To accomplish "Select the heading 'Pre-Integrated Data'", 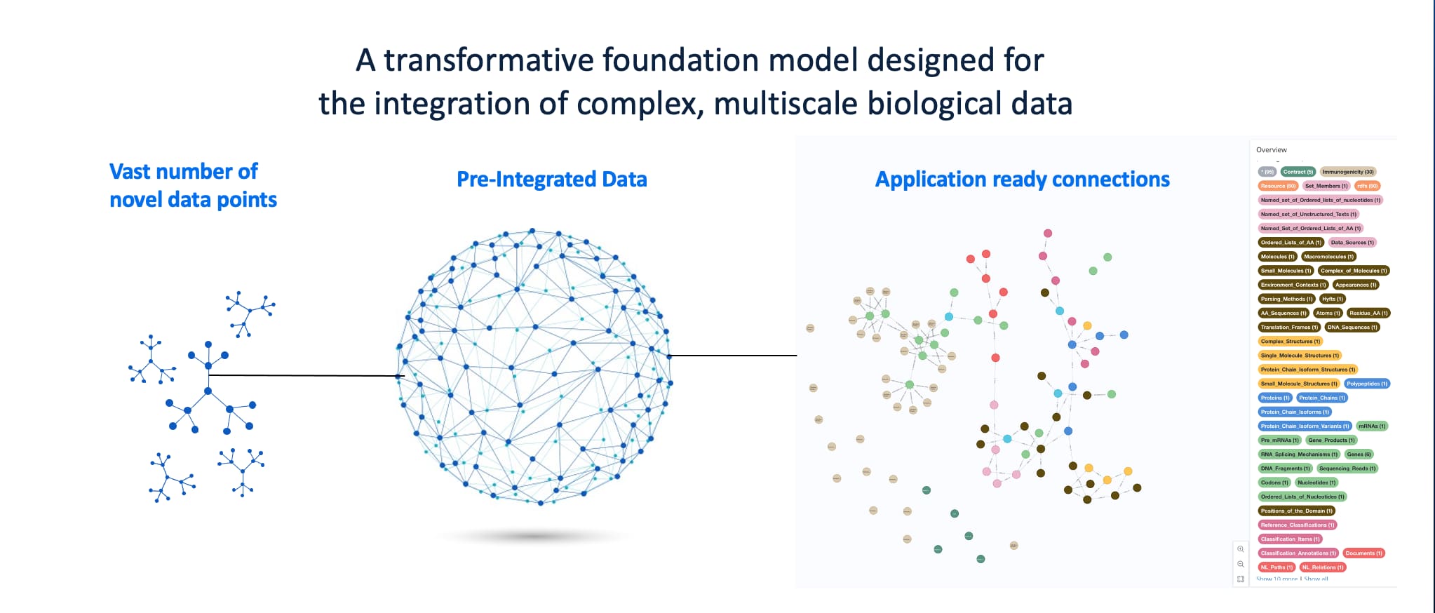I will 551,180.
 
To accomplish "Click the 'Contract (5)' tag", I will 1298,172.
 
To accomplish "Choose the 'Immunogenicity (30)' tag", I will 1348,172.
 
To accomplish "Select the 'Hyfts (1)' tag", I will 1332,299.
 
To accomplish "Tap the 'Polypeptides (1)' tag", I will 1366,384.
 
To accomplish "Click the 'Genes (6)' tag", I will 1359,454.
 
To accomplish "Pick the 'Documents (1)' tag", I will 1363,553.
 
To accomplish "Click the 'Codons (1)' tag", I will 1274,483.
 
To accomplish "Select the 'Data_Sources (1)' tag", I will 1352,243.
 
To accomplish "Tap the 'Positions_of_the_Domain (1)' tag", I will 1296,511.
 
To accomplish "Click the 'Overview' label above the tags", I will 1271,150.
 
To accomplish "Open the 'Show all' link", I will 1316,579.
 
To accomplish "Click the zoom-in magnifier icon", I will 1241,549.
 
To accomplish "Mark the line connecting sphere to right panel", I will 733,356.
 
